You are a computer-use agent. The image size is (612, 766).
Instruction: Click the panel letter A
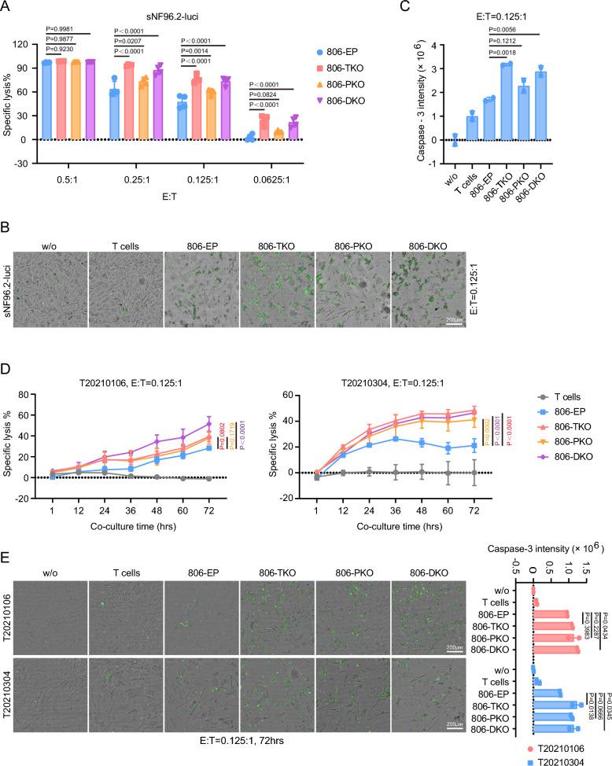[x=7, y=7]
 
